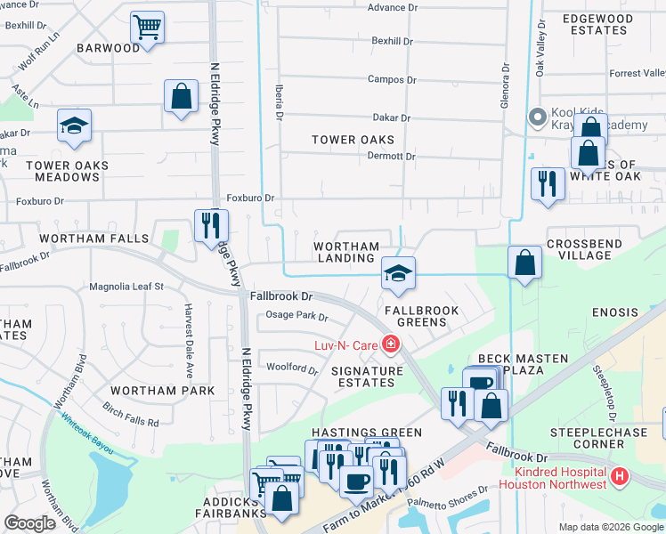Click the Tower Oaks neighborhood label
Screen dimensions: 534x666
pyautogui.click(x=353, y=140)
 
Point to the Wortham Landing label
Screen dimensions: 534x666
pyautogui.click(x=346, y=252)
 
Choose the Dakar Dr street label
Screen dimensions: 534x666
pyautogui.click(x=391, y=117)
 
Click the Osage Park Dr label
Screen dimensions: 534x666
pyautogui.click(x=297, y=317)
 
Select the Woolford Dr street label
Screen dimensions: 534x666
pyautogui.click(x=292, y=368)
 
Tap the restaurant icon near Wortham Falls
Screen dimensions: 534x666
pyautogui.click(x=211, y=224)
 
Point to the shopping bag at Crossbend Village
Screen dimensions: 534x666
pyautogui.click(x=525, y=263)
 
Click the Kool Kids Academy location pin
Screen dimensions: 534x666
pyautogui.click(x=537, y=117)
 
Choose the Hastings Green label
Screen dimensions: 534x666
pyautogui.click(x=353, y=433)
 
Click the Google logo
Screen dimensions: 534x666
pyautogui.click(x=30, y=523)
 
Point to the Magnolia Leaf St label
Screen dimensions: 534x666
pyautogui.click(x=127, y=287)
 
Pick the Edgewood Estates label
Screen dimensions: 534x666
pyautogui.click(x=597, y=24)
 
